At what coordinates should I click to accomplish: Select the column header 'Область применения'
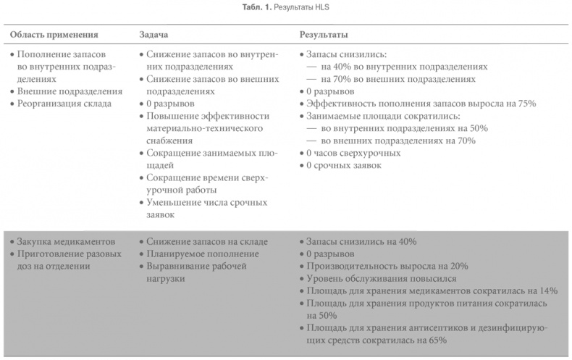(x=55, y=34)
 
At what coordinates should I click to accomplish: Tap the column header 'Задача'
(x=155, y=34)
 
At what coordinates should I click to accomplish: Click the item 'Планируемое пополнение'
(x=202, y=254)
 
